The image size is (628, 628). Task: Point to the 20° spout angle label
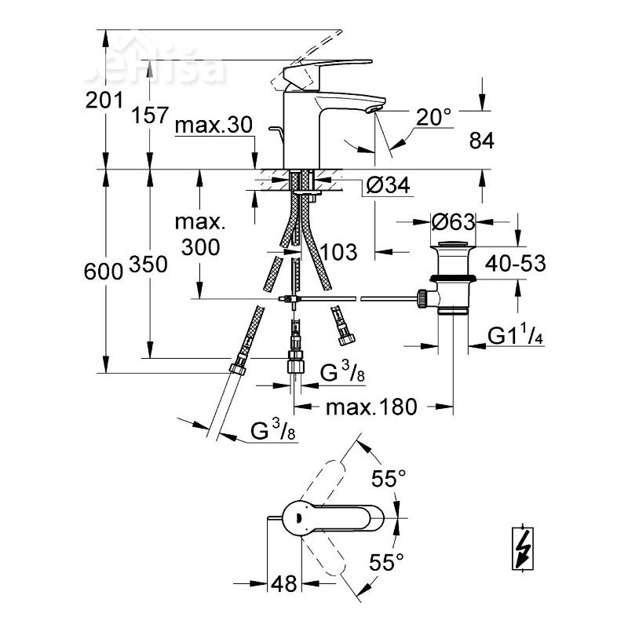pos(435,118)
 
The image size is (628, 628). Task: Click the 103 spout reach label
pos(339,253)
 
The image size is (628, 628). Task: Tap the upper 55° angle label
pos(389,478)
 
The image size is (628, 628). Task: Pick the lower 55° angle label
pos(387,560)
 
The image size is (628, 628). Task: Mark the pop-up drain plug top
pos(454,246)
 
